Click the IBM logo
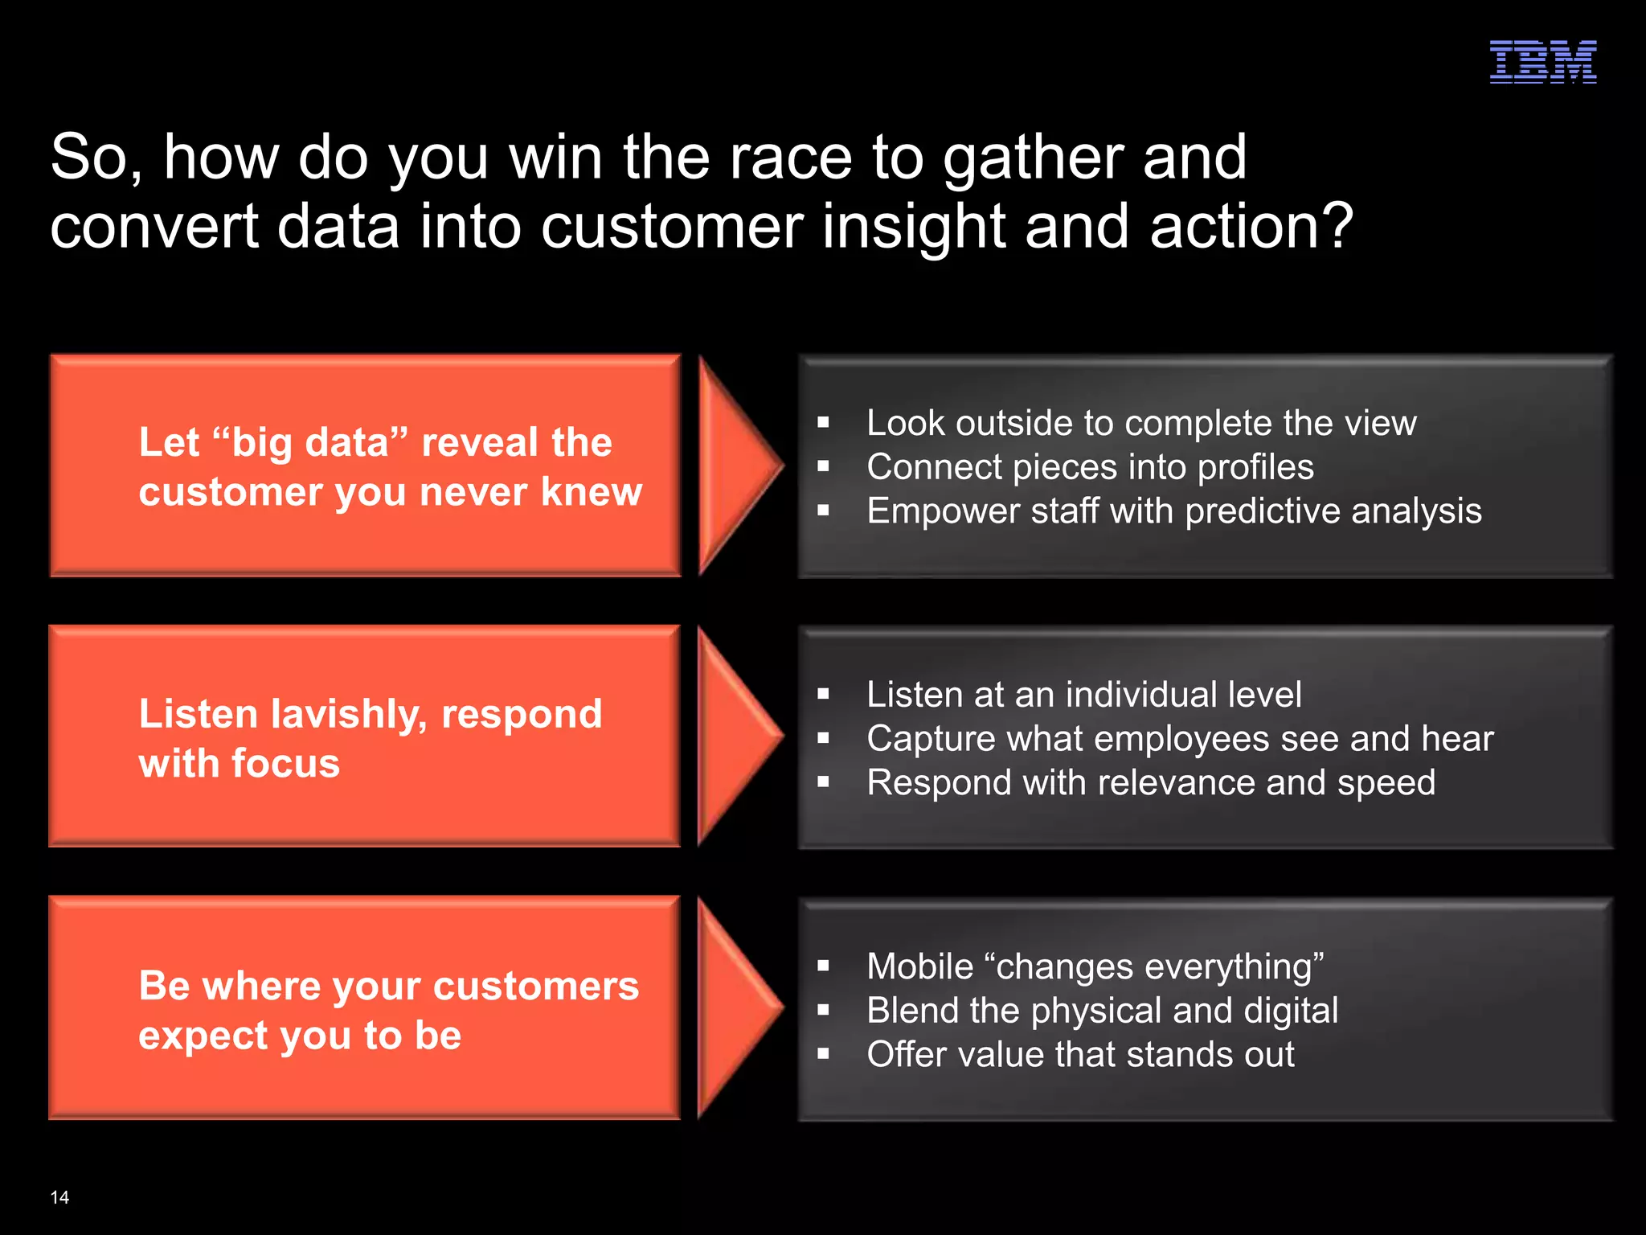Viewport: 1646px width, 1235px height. pyautogui.click(x=1542, y=62)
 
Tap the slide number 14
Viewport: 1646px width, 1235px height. pyautogui.click(x=59, y=1197)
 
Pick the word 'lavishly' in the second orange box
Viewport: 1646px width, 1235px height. pyautogui.click(x=350, y=715)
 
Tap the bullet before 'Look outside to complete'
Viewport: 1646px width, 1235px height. pyautogui.click(x=823, y=423)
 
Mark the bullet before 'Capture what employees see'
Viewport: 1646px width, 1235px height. pyautogui.click(x=823, y=738)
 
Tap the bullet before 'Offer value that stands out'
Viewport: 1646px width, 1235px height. pyautogui.click(x=823, y=1054)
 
